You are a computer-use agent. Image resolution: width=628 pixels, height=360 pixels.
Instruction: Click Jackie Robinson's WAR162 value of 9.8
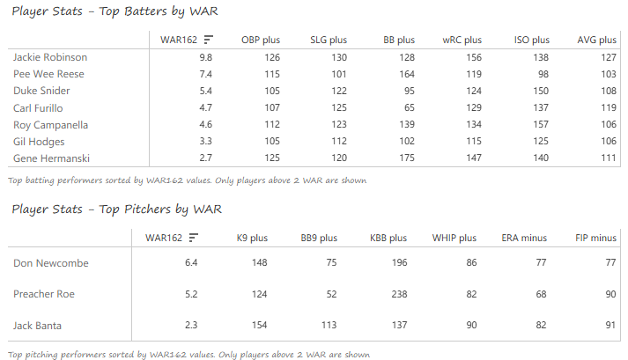click(x=205, y=57)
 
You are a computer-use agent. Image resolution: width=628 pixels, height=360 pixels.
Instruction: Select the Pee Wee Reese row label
click(x=49, y=74)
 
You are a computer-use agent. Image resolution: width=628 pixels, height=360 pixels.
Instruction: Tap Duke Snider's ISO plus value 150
click(x=539, y=91)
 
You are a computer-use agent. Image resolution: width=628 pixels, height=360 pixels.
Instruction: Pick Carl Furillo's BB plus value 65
click(x=407, y=108)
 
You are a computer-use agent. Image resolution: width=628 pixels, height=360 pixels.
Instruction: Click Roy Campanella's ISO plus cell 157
click(x=539, y=125)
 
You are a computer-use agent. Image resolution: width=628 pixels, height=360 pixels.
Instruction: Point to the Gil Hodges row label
click(x=40, y=142)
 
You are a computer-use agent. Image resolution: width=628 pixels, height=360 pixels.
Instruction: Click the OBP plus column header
click(x=260, y=40)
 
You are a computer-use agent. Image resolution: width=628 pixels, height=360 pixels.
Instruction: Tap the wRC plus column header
click(x=462, y=40)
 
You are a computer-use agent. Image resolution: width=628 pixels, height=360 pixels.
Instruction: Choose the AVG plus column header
click(x=597, y=40)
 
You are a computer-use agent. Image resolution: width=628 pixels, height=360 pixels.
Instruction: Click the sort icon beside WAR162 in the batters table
click(x=208, y=40)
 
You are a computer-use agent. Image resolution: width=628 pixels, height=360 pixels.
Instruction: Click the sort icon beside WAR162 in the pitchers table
click(x=193, y=238)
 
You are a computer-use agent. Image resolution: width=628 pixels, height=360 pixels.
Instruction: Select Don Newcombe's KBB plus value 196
click(x=397, y=263)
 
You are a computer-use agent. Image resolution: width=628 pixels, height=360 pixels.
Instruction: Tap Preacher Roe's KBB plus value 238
click(x=397, y=295)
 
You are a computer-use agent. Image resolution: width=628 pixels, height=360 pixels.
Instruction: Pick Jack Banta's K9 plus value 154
click(x=259, y=326)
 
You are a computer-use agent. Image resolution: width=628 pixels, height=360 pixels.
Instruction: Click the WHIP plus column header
click(x=454, y=238)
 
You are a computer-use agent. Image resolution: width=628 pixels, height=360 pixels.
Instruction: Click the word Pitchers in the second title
click(x=147, y=209)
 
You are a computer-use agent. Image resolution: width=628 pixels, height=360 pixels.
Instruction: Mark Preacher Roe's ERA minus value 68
click(x=540, y=295)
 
